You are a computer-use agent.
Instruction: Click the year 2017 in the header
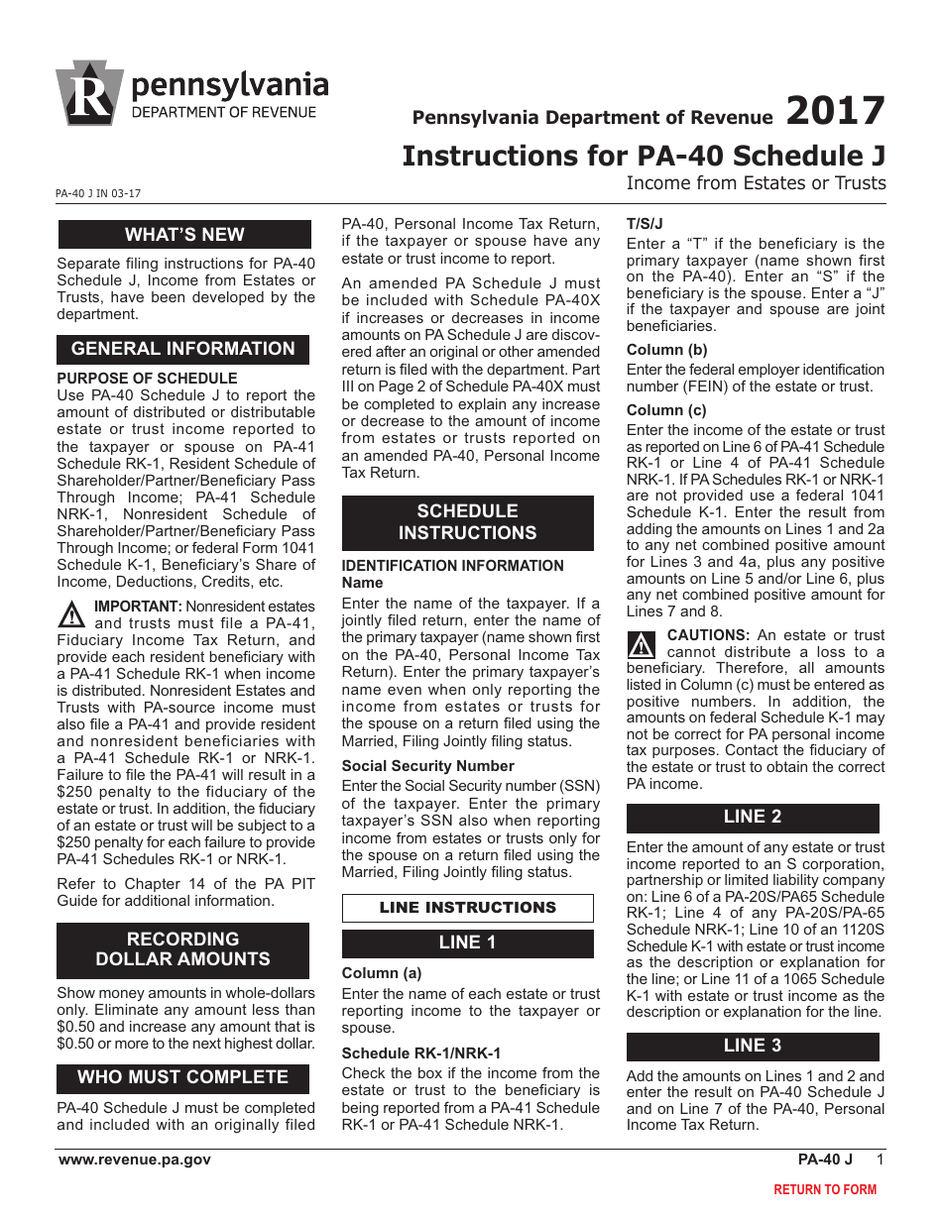point(835,111)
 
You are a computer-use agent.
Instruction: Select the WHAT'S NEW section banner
point(183,235)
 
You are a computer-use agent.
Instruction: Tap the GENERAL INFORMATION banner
point(183,349)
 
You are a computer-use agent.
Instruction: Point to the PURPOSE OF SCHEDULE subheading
point(147,379)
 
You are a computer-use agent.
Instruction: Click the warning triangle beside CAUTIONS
point(643,645)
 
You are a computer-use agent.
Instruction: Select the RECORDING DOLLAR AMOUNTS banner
point(183,949)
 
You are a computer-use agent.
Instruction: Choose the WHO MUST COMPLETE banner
point(183,1077)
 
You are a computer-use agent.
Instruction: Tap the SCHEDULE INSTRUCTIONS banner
point(467,522)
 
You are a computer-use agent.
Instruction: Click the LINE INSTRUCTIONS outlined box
point(467,908)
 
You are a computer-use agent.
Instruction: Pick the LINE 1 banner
point(467,942)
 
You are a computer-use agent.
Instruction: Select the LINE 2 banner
point(752,818)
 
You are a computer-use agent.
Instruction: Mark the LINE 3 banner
point(752,1047)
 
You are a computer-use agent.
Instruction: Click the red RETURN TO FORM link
point(825,1189)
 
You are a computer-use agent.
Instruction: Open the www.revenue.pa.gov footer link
point(134,1160)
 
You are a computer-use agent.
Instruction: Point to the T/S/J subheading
point(645,224)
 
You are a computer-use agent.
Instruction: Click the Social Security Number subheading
point(427,766)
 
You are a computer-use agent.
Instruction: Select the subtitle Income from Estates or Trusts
point(756,183)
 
